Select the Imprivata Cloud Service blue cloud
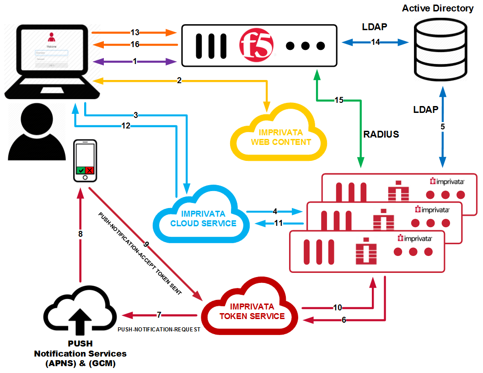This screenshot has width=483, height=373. (x=203, y=218)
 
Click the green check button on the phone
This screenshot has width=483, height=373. (x=81, y=170)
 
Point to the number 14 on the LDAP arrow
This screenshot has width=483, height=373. (x=376, y=43)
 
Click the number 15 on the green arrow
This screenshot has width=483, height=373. (x=339, y=100)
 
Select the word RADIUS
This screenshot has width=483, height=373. (x=381, y=134)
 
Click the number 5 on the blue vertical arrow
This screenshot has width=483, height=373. (x=442, y=126)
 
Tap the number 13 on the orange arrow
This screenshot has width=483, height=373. (x=134, y=32)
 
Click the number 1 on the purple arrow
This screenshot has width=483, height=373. (x=134, y=62)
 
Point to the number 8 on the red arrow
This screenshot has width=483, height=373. (x=80, y=234)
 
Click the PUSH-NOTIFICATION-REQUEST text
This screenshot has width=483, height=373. (x=159, y=329)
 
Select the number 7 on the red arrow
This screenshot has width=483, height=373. (x=159, y=315)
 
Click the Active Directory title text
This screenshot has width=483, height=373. (x=438, y=8)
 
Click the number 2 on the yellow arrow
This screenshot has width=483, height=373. (x=179, y=81)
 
